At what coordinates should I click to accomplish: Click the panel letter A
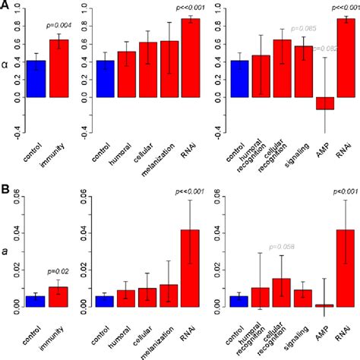click(x=5, y=6)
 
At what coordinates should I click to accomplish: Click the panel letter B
click(x=5, y=185)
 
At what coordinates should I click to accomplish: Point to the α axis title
click(x=6, y=65)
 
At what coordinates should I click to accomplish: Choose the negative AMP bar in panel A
click(x=325, y=103)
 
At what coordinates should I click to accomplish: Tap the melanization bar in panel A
click(x=169, y=69)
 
